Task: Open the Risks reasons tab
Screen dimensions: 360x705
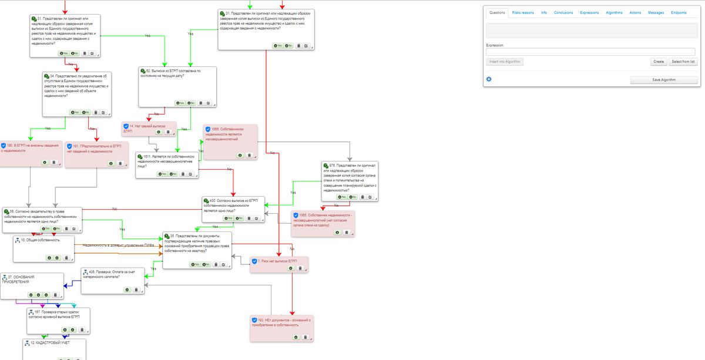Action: [x=523, y=12]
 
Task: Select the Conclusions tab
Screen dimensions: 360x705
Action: [x=563, y=12]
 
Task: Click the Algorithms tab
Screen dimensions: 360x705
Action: [x=614, y=12]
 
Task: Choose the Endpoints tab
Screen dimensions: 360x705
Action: [x=679, y=12]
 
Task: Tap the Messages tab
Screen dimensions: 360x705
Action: [x=656, y=12]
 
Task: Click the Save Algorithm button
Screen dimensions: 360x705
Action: [x=664, y=80]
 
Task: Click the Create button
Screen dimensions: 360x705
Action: [x=659, y=62]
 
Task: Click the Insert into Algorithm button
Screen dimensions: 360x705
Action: [x=505, y=62]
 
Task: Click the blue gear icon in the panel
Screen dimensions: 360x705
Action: [x=489, y=79]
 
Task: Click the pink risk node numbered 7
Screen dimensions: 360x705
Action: [x=279, y=261]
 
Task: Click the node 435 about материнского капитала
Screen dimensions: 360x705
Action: [x=112, y=274]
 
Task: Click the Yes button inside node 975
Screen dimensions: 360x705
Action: [x=342, y=197]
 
